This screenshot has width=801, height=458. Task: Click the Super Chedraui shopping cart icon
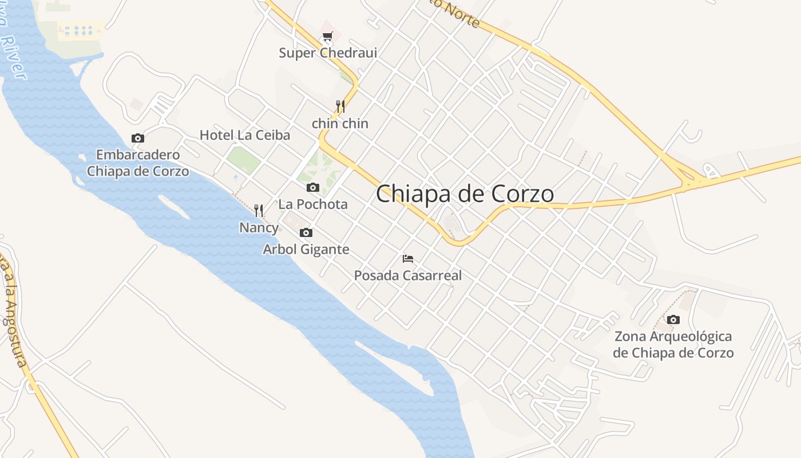327,37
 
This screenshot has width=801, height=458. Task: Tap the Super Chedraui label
328,53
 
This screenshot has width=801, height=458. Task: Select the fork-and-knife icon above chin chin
340,106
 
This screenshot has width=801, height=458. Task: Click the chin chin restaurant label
340,124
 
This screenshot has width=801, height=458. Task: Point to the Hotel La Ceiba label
245,136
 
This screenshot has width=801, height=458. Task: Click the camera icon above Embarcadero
138,138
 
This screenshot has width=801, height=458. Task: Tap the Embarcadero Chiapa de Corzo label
138,163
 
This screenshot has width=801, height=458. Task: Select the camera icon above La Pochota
312,187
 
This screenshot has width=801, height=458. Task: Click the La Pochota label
313,204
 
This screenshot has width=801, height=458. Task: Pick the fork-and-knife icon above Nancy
259,211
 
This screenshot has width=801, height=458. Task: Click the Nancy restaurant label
259,228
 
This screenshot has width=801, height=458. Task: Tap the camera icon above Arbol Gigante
306,232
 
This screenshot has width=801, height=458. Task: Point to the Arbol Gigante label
306,250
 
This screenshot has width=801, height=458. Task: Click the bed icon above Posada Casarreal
408,259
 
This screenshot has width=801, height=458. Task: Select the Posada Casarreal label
408,276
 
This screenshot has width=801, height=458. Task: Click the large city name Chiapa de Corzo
465,194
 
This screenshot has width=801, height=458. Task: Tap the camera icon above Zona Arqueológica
673,319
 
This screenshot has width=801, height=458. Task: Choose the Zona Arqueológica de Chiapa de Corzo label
673,345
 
